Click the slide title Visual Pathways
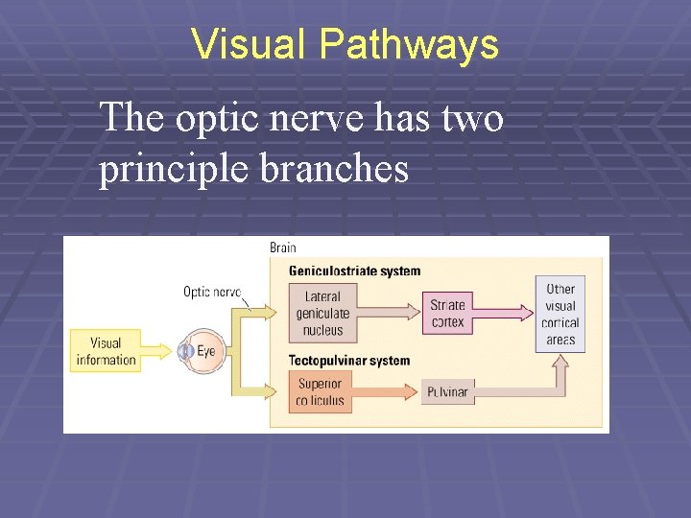click(x=345, y=44)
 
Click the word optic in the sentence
click(x=205, y=119)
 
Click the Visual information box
click(x=106, y=351)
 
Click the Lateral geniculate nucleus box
click(x=322, y=313)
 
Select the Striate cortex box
click(x=447, y=313)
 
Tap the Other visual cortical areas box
click(x=560, y=314)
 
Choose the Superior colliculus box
click(x=321, y=391)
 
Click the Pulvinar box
click(x=447, y=391)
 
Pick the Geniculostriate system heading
click(x=354, y=271)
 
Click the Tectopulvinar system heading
click(x=349, y=361)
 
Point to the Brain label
click(x=283, y=247)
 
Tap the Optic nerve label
click(x=212, y=292)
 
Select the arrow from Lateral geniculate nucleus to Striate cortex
click(x=388, y=313)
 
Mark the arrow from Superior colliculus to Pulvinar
click(x=388, y=391)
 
